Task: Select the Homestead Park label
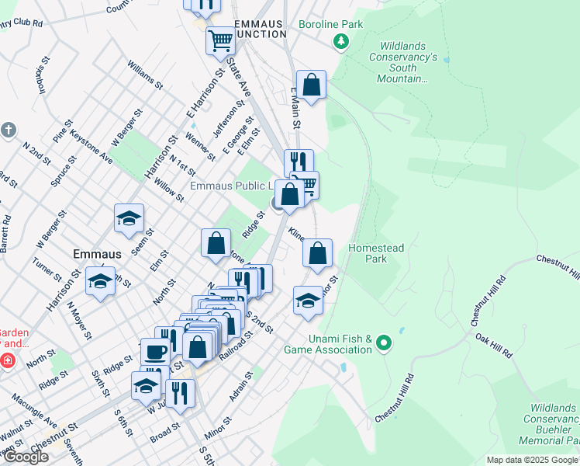(376, 253)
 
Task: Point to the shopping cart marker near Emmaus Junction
(220, 39)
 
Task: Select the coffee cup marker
(155, 352)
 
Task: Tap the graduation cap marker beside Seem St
(129, 218)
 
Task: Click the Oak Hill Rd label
(494, 346)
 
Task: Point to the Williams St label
(145, 75)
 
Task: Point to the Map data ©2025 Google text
(531, 460)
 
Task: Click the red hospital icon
(6, 360)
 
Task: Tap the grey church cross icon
(9, 130)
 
